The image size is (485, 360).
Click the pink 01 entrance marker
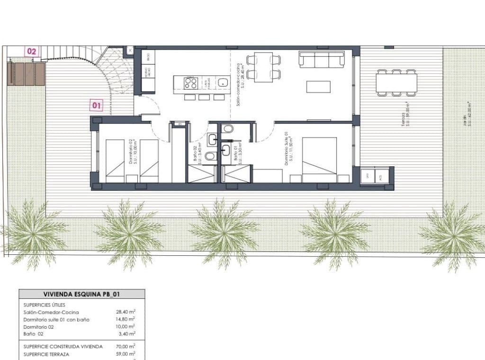coord(96,105)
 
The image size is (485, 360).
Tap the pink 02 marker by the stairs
coord(32,51)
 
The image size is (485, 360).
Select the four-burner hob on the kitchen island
coord(190,83)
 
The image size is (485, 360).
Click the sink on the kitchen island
coord(222,83)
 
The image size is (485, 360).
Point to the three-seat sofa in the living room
coord(321,60)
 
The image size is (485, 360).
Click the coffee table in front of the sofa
coord(318,87)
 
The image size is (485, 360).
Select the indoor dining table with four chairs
coord(263,67)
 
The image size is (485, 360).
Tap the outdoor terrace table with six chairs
coord(397,82)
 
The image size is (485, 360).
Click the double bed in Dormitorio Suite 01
coord(319,160)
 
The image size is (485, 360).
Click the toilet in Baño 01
coord(228,129)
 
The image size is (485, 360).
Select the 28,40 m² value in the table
coord(126,312)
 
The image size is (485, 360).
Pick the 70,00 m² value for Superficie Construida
coord(126,346)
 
